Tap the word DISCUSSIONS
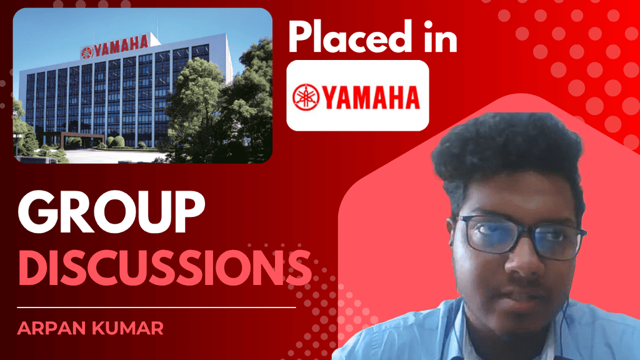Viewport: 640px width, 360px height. [x=165, y=267]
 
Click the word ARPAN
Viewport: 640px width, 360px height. [x=51, y=328]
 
